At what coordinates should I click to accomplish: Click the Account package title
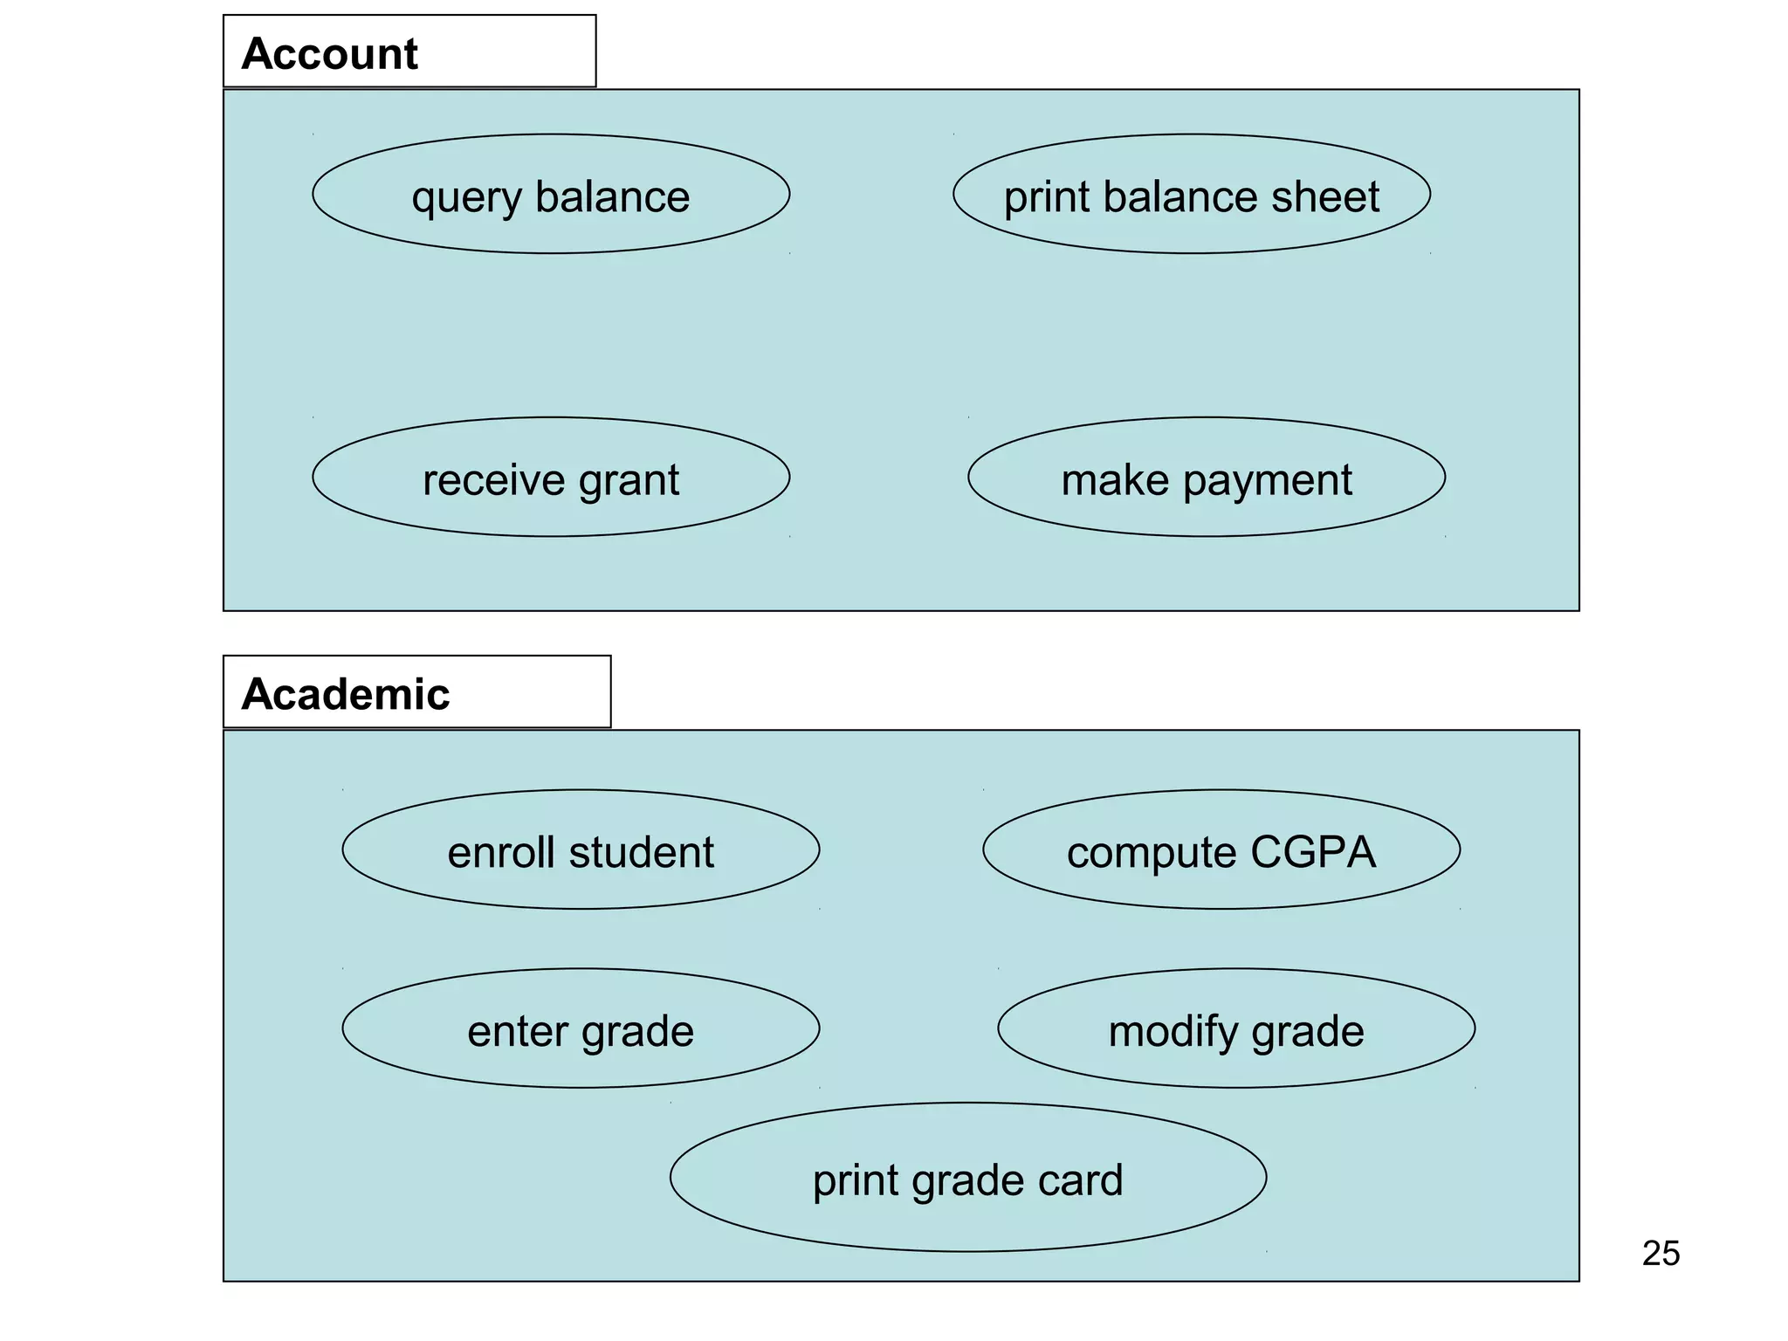[330, 53]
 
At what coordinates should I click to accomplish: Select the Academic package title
[346, 694]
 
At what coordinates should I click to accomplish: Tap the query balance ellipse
[551, 195]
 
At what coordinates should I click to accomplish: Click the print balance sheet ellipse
[1191, 195]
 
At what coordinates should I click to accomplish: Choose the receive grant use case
[551, 478]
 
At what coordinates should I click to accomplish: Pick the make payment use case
[1206, 478]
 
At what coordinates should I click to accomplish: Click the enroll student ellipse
[581, 850]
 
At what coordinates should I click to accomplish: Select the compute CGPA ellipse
[1221, 850]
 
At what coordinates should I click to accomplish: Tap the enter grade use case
[581, 1028]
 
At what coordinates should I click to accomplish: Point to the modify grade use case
[1235, 1028]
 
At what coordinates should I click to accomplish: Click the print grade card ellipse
[967, 1178]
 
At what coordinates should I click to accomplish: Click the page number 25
[1661, 1254]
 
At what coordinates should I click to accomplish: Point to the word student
[641, 852]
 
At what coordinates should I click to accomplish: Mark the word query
[465, 198]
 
